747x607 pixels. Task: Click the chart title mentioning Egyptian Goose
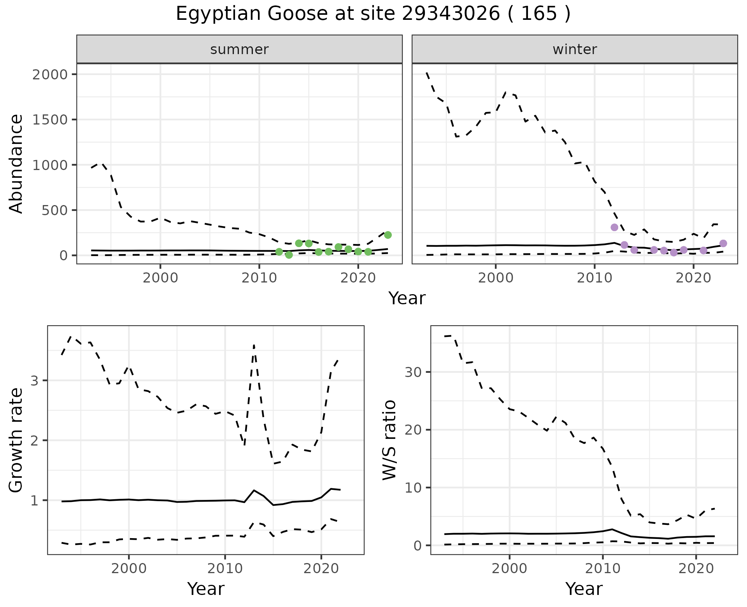pyautogui.click(x=373, y=14)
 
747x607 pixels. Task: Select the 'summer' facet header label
pyautogui.click(x=239, y=49)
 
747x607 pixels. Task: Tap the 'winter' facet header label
pyautogui.click(x=575, y=49)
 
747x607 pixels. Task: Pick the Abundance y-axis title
pyautogui.click(x=16, y=163)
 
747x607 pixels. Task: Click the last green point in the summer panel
pyautogui.click(x=388, y=235)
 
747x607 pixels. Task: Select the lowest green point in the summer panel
pyautogui.click(x=289, y=255)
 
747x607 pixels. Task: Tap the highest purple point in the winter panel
pyautogui.click(x=614, y=227)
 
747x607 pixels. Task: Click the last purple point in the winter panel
pyautogui.click(x=723, y=244)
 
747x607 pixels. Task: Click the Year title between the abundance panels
pyautogui.click(x=407, y=298)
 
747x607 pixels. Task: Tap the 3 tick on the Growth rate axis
pyautogui.click(x=35, y=381)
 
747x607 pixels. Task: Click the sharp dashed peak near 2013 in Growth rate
pyautogui.click(x=254, y=345)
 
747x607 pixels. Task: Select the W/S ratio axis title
pyautogui.click(x=389, y=440)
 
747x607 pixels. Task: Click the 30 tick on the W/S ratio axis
pyautogui.click(x=413, y=372)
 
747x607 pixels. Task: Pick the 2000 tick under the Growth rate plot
pyautogui.click(x=129, y=569)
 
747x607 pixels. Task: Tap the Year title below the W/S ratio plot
pyautogui.click(x=584, y=589)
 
